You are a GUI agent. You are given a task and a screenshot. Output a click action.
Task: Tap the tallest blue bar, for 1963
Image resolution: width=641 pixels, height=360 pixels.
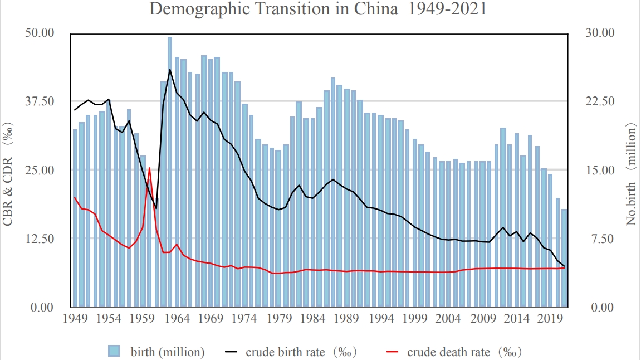point(170,167)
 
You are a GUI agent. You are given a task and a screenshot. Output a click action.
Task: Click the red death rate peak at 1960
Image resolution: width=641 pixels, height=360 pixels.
point(149,168)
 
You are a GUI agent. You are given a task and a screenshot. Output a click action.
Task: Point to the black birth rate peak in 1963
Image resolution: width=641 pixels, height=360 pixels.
point(170,70)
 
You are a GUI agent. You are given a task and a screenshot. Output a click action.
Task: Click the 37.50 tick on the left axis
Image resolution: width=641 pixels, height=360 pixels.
point(40,101)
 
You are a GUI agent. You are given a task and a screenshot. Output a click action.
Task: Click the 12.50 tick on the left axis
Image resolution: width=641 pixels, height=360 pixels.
point(40,239)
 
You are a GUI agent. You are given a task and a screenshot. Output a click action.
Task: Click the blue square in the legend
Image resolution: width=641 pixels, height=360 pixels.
point(114,351)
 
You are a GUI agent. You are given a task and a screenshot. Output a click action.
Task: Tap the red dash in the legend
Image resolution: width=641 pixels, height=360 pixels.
point(393,352)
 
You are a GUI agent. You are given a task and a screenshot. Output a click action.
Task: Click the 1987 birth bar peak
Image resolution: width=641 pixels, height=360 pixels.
point(333,189)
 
